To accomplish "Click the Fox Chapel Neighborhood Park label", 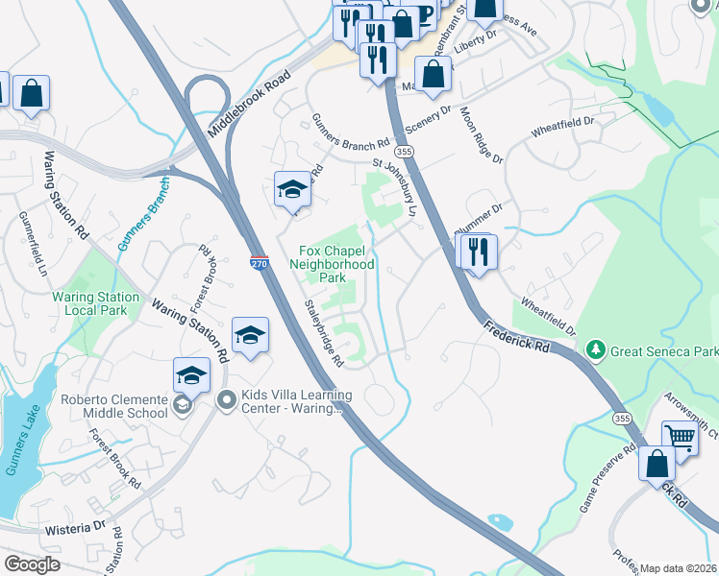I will click(x=332, y=263).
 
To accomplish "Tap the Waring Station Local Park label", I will click(x=96, y=303).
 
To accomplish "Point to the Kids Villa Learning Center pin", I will click(x=227, y=399).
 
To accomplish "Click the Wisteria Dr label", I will click(x=74, y=528).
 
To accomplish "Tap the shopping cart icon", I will click(x=681, y=438).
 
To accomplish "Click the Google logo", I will click(x=32, y=564).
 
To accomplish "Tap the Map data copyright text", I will click(x=678, y=568).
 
